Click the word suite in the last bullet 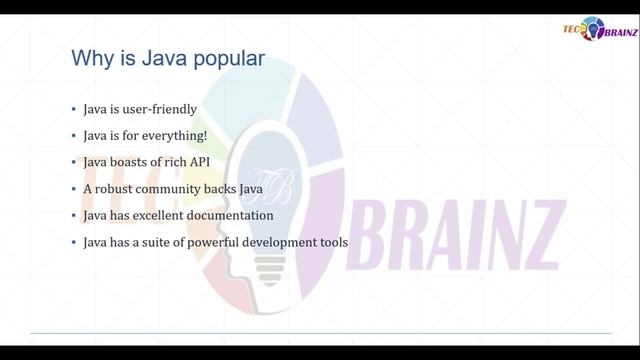click(x=152, y=242)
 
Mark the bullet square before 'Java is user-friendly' click(x=73, y=109)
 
